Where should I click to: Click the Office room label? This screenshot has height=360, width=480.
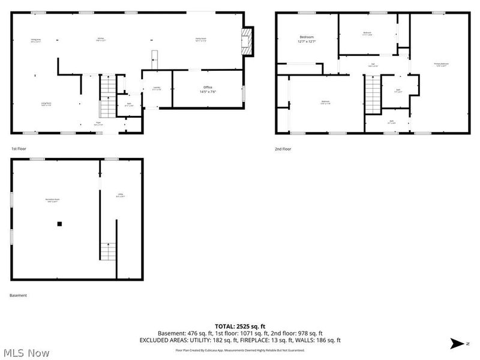pos(208,90)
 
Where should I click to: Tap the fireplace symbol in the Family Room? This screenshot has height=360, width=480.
pos(245,41)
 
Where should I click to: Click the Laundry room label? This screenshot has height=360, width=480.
pos(156,89)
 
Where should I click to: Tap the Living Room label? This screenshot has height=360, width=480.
pos(46,104)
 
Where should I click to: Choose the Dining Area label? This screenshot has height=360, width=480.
pos(35,41)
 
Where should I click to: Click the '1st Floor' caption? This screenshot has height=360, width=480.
pos(19,148)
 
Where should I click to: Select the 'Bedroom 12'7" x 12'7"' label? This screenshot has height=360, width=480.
pos(307,40)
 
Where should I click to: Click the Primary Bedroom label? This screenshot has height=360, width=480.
pos(441,64)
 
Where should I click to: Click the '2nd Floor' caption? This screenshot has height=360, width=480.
pos(283,149)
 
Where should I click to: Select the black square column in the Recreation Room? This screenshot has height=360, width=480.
pos(59,224)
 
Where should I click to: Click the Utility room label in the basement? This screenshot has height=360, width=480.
pos(120,195)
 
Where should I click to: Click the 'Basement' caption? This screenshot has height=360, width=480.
pos(18,295)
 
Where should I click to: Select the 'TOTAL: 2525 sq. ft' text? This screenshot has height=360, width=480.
pos(240,326)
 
